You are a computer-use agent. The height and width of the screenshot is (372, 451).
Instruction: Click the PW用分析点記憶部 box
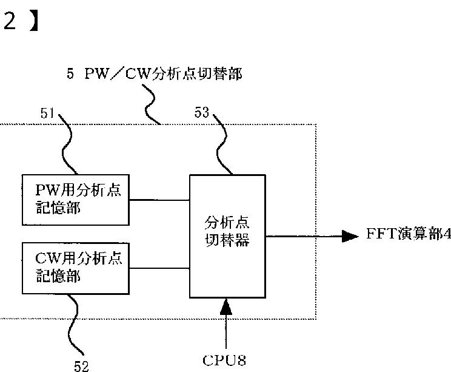76,200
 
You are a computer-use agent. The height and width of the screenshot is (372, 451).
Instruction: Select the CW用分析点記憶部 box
76,268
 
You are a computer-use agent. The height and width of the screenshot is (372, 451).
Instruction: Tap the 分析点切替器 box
227,236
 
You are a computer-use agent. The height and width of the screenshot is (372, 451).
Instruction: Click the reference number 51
47,113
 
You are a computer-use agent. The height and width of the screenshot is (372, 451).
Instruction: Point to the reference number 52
81,367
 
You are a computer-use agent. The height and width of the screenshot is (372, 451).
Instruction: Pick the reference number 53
202,112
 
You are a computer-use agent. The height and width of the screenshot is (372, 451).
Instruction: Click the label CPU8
224,360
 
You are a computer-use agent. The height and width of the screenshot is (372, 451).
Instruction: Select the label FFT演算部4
409,234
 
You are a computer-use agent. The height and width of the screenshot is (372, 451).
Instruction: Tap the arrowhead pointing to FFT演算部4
350,237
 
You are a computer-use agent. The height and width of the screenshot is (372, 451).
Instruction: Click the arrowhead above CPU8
225,307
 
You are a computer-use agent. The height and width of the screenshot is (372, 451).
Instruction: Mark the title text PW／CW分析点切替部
164,73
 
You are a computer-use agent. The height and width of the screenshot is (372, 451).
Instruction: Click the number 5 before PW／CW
70,73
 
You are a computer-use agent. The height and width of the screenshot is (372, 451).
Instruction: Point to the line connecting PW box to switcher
159,200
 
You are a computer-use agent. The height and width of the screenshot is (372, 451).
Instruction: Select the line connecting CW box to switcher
159,269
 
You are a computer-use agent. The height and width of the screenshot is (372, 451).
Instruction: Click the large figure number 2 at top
9,21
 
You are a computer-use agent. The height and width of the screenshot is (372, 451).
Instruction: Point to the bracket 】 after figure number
34,21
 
